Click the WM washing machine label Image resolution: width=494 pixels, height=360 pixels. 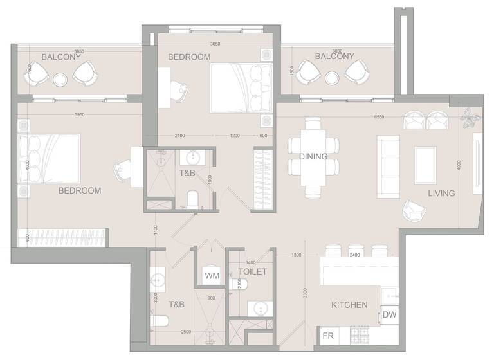(x=212, y=276)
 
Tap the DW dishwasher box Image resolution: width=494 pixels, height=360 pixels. (x=389, y=314)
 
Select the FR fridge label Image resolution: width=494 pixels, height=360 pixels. (x=327, y=336)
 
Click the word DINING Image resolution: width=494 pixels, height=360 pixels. (x=313, y=156)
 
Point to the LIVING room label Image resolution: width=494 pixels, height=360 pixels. (x=442, y=193)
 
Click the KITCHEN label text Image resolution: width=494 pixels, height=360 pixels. (x=349, y=305)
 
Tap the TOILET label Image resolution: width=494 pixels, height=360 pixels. (x=253, y=272)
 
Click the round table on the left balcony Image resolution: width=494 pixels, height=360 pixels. (x=60, y=79)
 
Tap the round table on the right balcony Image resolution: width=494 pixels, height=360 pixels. (x=333, y=78)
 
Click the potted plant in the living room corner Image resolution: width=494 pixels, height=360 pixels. (x=470, y=118)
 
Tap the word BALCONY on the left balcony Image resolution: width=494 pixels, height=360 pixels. (x=61, y=57)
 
